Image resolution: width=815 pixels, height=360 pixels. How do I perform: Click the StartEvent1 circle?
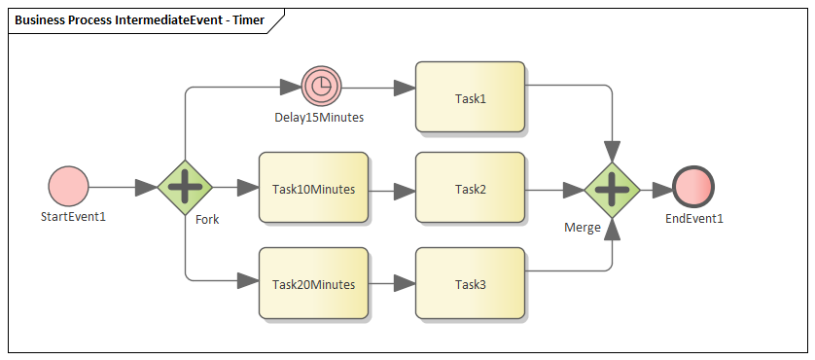coord(68,186)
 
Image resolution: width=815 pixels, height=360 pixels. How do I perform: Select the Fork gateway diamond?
coord(185,186)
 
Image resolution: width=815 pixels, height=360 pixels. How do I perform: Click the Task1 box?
coord(470,97)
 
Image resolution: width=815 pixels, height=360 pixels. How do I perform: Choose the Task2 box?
coord(470,189)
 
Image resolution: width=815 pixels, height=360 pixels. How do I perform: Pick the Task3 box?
coord(470,284)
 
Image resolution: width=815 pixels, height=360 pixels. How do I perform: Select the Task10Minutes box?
coord(313,189)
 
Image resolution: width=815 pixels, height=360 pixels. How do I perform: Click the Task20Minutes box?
coord(313,284)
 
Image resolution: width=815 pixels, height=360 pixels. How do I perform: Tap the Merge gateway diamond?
coord(612,189)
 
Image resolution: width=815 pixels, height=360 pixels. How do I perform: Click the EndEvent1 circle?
coord(692,189)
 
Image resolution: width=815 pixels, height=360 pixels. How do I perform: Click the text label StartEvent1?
coord(73,216)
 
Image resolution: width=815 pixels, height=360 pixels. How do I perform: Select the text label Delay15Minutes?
coord(319,118)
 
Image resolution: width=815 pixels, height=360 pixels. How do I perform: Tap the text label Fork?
coord(207,219)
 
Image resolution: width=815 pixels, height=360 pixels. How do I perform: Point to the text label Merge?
coord(583,227)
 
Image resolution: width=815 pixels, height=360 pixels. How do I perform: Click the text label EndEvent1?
coord(694,218)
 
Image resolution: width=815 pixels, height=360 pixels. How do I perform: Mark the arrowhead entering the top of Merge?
coord(612,151)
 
